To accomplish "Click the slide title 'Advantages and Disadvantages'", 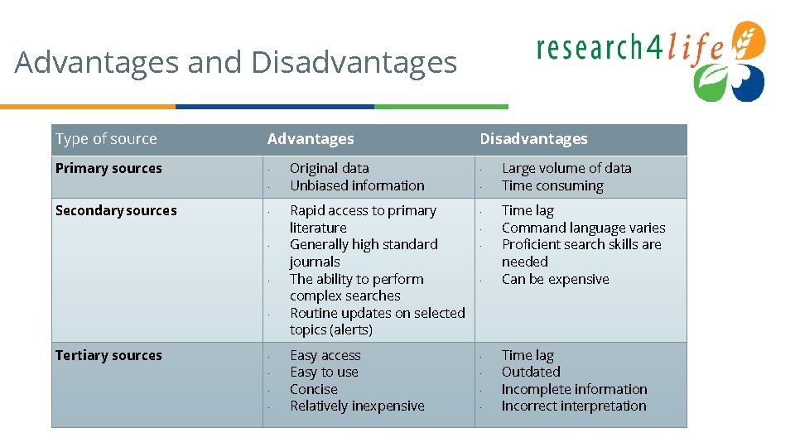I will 235,63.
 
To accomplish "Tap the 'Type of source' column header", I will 106,139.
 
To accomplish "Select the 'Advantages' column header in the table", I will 311,139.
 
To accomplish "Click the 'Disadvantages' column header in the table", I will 533,139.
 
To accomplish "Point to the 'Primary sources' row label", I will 108,169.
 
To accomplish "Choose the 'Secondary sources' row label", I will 116,211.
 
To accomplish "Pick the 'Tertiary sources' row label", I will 108,356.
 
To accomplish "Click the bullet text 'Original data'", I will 329,169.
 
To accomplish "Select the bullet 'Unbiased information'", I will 357,186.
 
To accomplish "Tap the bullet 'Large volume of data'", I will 566,169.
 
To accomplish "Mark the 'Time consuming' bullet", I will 552,186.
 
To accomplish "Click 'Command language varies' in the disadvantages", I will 583,228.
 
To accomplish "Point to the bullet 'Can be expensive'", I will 555,280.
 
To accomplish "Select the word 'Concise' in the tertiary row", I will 313,390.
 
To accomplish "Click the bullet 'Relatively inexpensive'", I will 357,406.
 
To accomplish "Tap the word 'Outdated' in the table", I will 531,372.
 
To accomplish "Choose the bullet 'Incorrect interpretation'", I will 574,406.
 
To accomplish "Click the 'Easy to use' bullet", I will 324,372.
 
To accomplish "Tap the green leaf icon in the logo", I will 711,83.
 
